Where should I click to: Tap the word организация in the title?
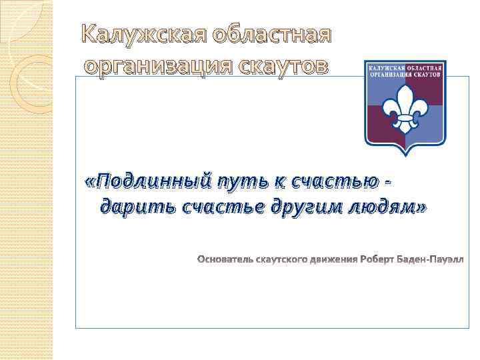click(x=159, y=66)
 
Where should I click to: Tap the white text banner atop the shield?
click(x=405, y=71)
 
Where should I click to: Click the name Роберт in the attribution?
click(x=379, y=258)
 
